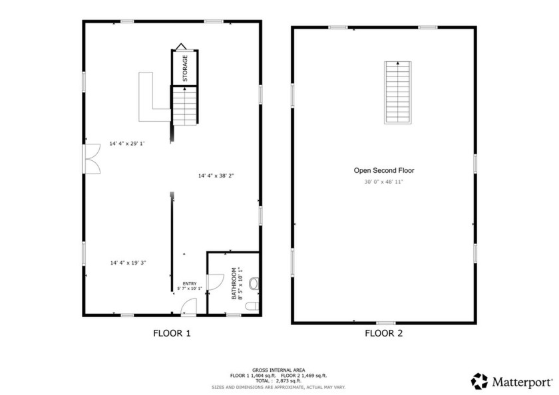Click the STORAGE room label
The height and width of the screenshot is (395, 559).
tap(185, 68)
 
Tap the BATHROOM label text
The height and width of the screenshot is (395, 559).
tap(233, 283)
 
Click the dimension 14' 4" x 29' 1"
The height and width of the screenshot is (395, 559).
tap(126, 144)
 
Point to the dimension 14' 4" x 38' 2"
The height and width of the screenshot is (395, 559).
tap(216, 176)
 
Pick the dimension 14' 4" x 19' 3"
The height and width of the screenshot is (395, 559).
tap(128, 263)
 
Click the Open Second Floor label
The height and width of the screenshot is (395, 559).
tap(384, 171)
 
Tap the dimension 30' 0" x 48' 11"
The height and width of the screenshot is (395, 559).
tap(383, 182)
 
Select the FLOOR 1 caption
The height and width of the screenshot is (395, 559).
tap(172, 333)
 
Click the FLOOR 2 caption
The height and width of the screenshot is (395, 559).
tap(383, 333)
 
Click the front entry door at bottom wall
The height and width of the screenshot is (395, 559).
tap(188, 307)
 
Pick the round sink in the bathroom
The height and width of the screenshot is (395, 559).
tap(253, 284)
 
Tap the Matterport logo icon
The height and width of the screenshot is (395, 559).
tap(479, 381)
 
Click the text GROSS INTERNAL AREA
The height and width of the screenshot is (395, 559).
tap(278, 370)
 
